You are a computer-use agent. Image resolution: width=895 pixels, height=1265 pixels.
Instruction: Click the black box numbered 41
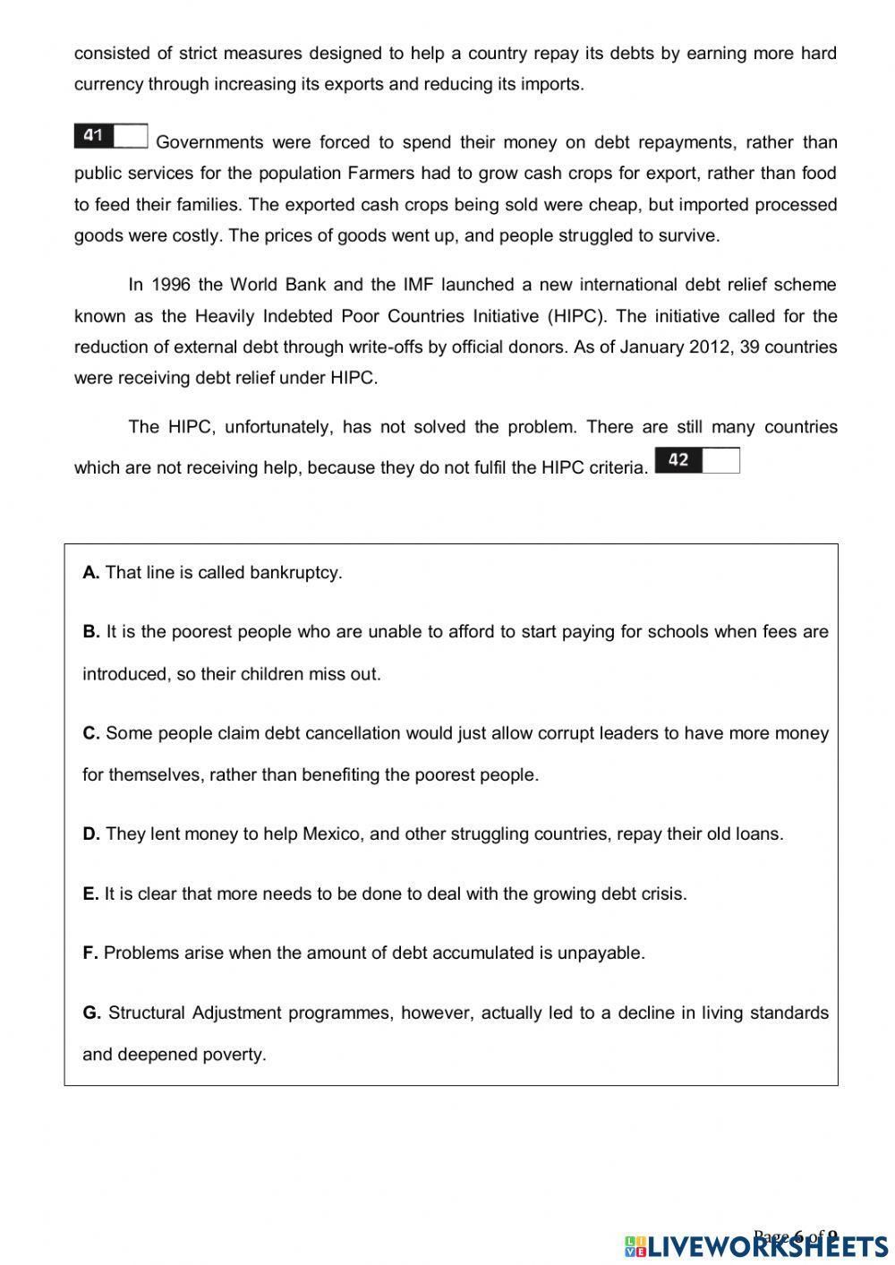pos(94,136)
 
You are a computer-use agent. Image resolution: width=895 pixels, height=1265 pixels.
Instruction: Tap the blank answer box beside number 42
pos(720,460)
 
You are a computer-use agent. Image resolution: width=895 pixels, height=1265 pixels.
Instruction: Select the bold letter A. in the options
pos(91,573)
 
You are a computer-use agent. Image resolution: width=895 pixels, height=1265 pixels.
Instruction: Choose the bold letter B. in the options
pos(91,632)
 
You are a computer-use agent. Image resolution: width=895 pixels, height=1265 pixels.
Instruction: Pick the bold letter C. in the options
pos(91,733)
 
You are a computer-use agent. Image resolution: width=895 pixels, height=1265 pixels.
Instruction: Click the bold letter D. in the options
pos(91,834)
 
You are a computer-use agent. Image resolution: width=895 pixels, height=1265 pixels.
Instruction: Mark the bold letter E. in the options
pos(90,893)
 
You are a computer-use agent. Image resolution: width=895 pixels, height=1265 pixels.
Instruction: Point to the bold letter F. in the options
pos(90,953)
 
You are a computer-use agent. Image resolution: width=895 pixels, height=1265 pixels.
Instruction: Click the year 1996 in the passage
pos(172,286)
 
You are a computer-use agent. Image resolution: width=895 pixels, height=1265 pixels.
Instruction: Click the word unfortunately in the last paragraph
pos(277,427)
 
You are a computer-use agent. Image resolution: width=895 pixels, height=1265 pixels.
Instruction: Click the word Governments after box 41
pos(209,142)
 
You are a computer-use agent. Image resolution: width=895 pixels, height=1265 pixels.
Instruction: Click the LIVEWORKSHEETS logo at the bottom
pos(756,1245)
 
